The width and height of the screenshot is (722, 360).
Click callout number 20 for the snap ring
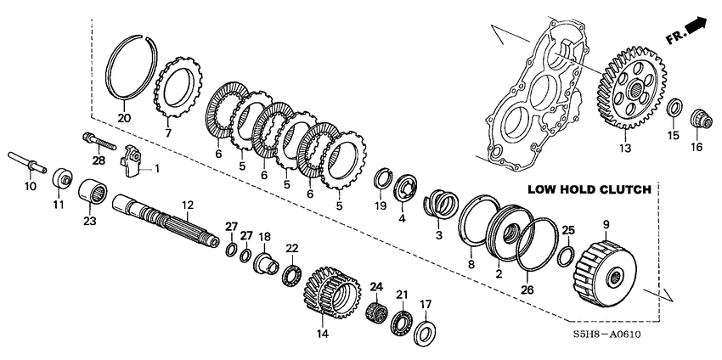pos(124,117)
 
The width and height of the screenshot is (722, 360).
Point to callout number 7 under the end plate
pos(168,132)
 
